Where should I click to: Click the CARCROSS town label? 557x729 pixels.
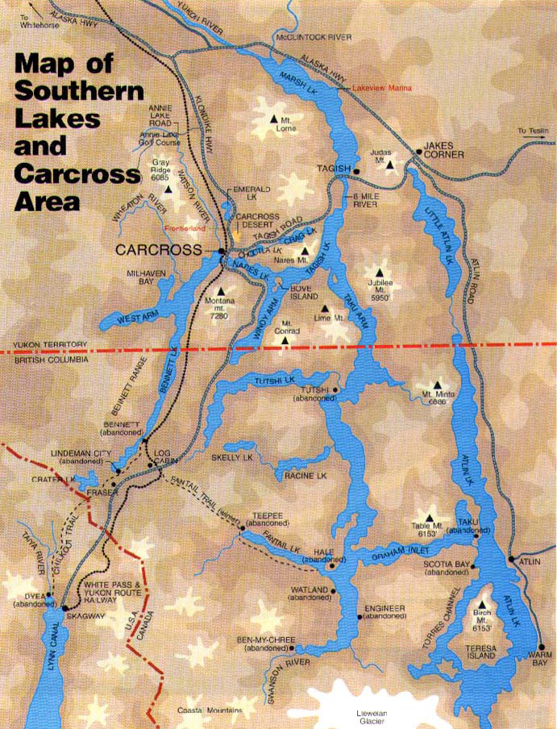tap(156, 251)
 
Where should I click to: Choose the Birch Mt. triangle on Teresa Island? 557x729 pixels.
tap(483, 604)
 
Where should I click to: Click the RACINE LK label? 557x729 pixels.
tap(304, 477)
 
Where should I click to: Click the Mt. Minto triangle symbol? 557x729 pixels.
tap(437, 385)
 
